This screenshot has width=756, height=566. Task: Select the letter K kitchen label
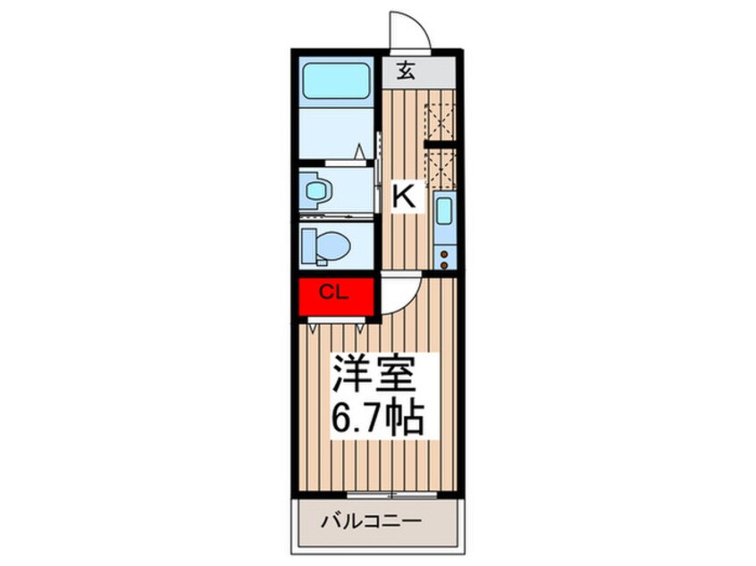(x=405, y=196)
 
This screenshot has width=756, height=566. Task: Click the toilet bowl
(x=325, y=243)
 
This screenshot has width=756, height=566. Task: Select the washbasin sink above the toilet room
(x=316, y=189)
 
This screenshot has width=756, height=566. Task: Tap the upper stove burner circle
(x=444, y=242)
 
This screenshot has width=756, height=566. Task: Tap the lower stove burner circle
(x=444, y=256)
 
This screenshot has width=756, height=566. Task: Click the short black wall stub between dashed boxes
(x=441, y=143)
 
